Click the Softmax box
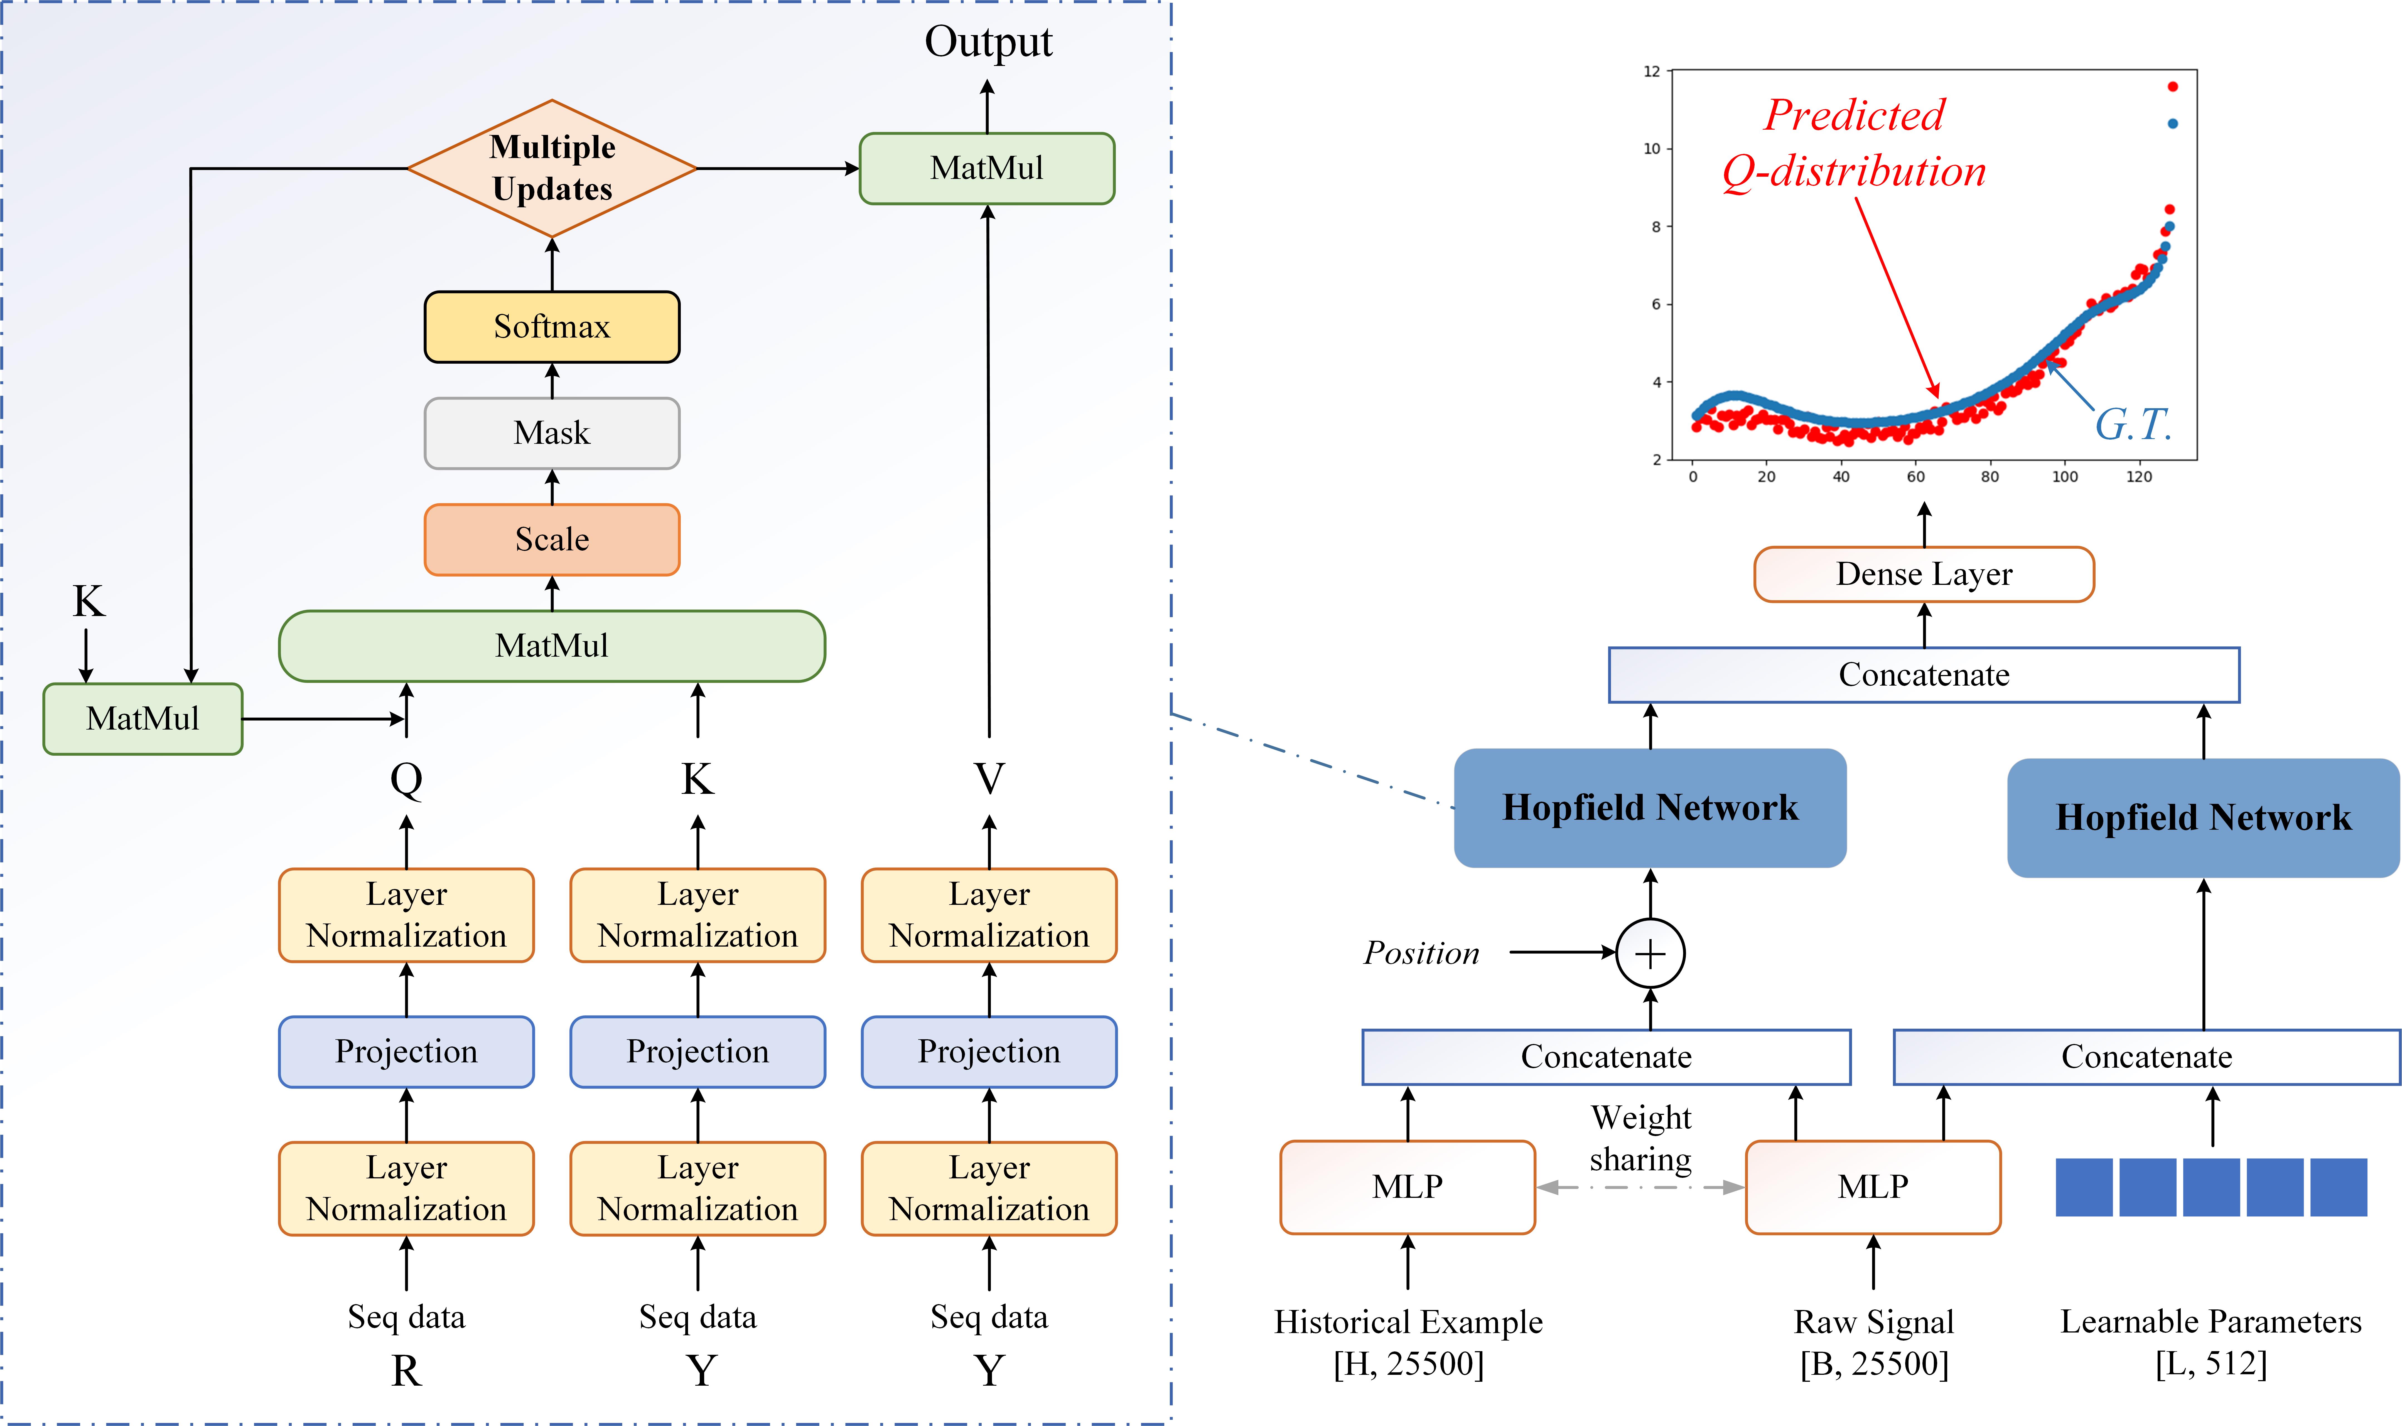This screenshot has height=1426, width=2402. pos(552,327)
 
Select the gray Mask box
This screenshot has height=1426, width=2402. pos(552,434)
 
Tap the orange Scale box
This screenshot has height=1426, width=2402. pos(552,539)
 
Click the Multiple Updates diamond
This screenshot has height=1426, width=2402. pos(552,168)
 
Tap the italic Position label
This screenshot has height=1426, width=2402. pos(1422,953)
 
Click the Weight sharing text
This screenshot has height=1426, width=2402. pos(1641,1139)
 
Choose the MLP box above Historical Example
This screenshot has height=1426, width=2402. pos(1407,1187)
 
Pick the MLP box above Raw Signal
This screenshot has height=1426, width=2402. pos(1872,1187)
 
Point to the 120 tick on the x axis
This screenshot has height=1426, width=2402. pos(2139,477)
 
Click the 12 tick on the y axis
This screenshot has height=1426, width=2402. pos(1651,71)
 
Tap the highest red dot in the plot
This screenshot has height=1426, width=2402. pos(2172,87)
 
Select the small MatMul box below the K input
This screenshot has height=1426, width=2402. pos(142,719)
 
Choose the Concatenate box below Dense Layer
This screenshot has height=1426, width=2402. pos(1923,674)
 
